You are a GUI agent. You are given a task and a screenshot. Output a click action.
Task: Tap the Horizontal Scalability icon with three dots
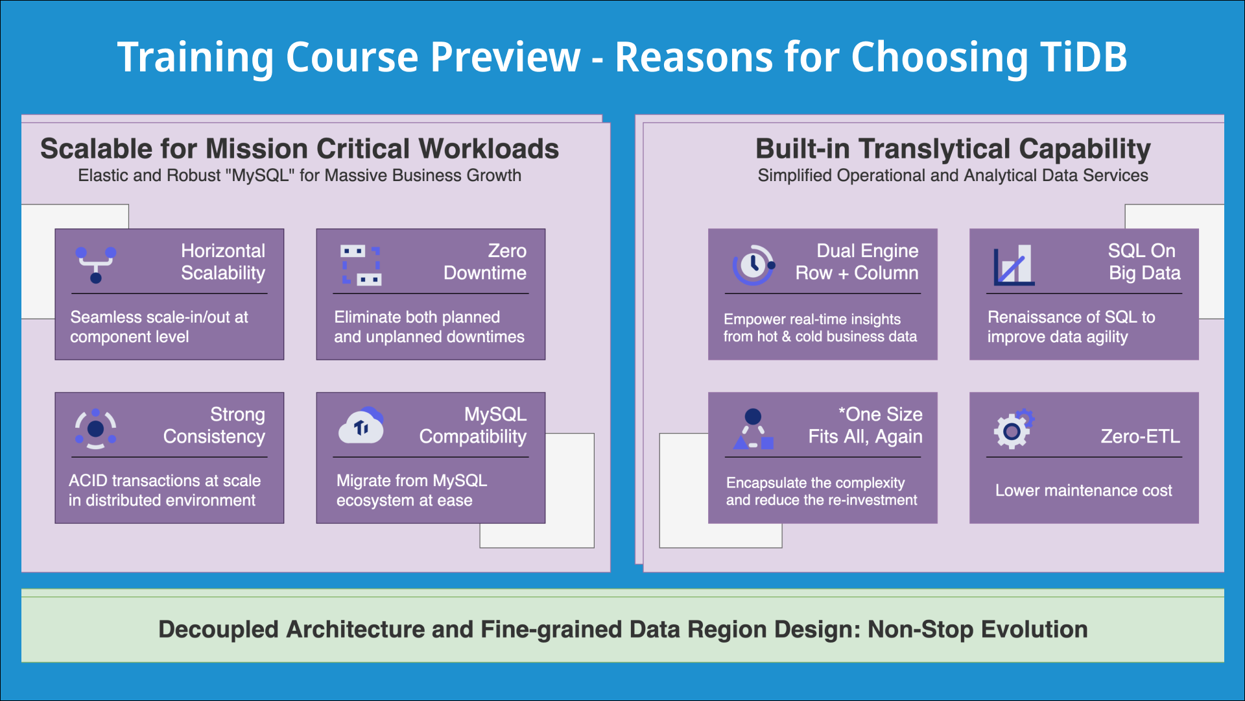[95, 264]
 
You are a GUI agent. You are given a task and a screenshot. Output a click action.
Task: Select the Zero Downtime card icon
[361, 265]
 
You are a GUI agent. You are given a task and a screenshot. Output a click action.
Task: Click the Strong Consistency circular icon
[95, 428]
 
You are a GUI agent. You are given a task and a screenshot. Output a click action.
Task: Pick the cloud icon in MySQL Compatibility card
[361, 426]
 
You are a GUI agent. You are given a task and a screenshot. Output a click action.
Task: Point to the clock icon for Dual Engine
[753, 265]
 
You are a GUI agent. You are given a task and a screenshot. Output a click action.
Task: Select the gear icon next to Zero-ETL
[1013, 429]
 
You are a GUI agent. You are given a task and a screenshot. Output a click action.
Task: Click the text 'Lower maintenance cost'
[1083, 491]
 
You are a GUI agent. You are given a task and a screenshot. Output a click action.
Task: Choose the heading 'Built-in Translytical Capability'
[953, 149]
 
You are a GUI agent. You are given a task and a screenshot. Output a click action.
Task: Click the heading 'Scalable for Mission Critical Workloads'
[300, 149]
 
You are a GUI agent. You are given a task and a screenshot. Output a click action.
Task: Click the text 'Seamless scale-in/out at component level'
[159, 327]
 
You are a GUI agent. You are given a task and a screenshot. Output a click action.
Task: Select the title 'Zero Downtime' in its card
[485, 262]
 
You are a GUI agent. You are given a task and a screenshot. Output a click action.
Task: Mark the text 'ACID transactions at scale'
[165, 481]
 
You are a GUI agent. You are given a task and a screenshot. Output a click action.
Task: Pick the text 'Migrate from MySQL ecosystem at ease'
[410, 491]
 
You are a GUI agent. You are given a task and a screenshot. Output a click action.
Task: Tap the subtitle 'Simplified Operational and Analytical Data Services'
[953, 176]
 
